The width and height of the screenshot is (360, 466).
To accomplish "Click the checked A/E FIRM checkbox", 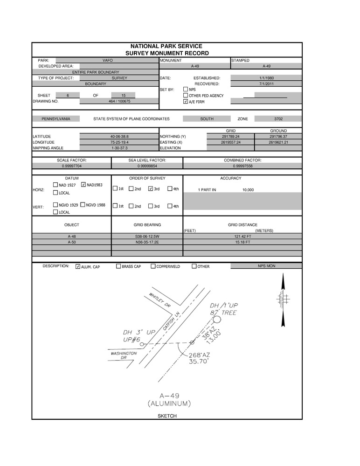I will pos(186,101).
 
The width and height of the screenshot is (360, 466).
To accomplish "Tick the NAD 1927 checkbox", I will pos(55,185).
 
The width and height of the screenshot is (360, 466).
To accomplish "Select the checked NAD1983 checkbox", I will pos(83,185).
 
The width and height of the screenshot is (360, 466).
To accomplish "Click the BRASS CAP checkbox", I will pos(118,266).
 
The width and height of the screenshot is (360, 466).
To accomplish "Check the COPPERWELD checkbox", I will pos(152,266).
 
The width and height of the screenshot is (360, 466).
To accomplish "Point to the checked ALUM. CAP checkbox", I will pos(78,266).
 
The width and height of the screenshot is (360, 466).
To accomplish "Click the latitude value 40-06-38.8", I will pos(119,137).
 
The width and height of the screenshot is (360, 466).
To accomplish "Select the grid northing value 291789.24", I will pos(231,137).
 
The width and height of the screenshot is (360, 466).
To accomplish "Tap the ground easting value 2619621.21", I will pos(278,142).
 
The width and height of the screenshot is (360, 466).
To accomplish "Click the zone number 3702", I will pos(278,119).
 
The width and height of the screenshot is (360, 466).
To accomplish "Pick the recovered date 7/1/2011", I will pos(266,84).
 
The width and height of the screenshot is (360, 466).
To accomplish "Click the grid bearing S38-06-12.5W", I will pos(147,236).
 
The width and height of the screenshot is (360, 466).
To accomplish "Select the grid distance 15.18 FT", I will pos(242,243).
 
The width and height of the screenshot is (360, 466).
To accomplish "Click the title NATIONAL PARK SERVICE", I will pos(166,47).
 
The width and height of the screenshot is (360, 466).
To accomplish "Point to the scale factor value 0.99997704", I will pos(72,166).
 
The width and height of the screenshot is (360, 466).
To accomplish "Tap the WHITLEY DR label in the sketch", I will pos(160,300).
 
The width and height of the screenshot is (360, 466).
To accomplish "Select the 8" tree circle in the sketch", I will pos(217,320).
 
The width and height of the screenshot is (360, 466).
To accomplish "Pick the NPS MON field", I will pos(266,266).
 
